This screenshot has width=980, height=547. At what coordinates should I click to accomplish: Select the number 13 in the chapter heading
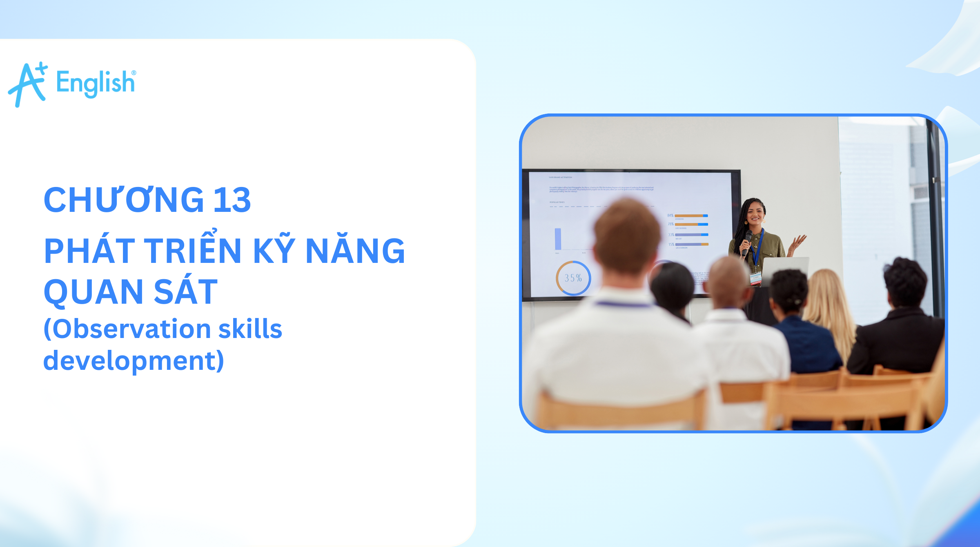[232, 200]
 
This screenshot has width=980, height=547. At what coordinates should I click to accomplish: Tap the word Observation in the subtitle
[131, 329]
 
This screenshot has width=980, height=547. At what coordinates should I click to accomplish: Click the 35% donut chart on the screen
[573, 278]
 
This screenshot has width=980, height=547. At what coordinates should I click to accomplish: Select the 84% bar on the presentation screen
[691, 216]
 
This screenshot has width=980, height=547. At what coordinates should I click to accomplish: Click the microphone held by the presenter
[748, 239]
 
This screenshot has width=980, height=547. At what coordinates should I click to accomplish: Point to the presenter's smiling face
[755, 213]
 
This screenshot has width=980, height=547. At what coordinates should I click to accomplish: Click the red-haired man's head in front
[627, 237]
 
